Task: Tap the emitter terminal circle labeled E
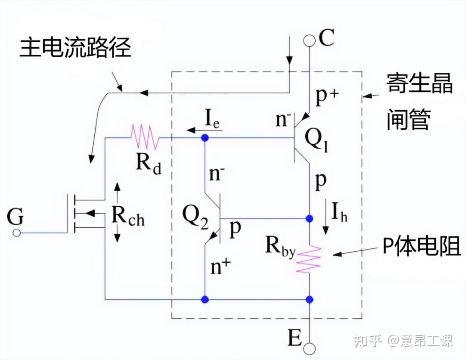[x=309, y=348]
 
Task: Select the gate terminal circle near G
[x=17, y=233]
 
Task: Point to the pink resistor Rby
[x=309, y=258]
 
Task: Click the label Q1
[x=317, y=141]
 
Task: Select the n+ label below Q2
[x=220, y=266]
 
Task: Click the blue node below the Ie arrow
[x=205, y=138]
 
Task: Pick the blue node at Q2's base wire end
[x=309, y=219]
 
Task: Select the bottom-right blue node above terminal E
[x=309, y=300]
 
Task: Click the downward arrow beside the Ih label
[x=326, y=217]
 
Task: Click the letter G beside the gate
[x=15, y=217]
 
